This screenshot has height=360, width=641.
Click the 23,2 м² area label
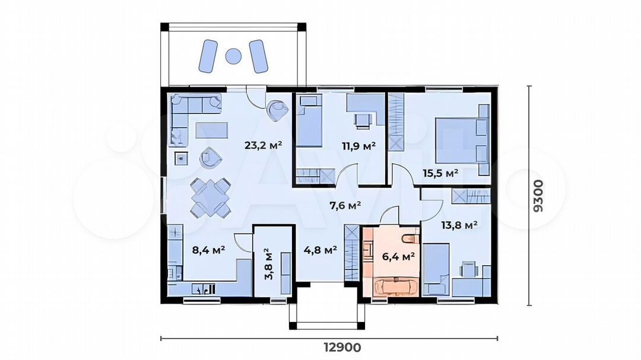pyautogui.click(x=264, y=145)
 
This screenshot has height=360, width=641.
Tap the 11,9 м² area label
pyautogui.click(x=358, y=146)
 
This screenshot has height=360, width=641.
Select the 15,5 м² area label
pyautogui.click(x=440, y=173)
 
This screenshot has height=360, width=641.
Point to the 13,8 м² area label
pyautogui.click(x=459, y=225)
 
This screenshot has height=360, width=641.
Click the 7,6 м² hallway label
pyautogui.click(x=345, y=206)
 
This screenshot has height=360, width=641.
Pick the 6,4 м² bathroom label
pyautogui.click(x=399, y=257)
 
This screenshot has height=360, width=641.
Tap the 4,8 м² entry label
pyautogui.click(x=320, y=249)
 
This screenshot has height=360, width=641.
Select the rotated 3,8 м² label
pyautogui.click(x=269, y=263)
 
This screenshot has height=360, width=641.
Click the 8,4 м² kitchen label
pyautogui.click(x=208, y=249)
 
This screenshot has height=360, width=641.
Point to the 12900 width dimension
pyautogui.click(x=342, y=348)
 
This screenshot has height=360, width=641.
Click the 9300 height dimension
pyautogui.click(x=539, y=196)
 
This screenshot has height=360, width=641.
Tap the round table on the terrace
pyautogui.click(x=233, y=56)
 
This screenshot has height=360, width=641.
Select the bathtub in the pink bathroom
pyautogui.click(x=395, y=286)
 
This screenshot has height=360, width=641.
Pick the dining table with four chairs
pyautogui.click(x=210, y=197)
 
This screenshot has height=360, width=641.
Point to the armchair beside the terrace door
pyautogui.click(x=278, y=110)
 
